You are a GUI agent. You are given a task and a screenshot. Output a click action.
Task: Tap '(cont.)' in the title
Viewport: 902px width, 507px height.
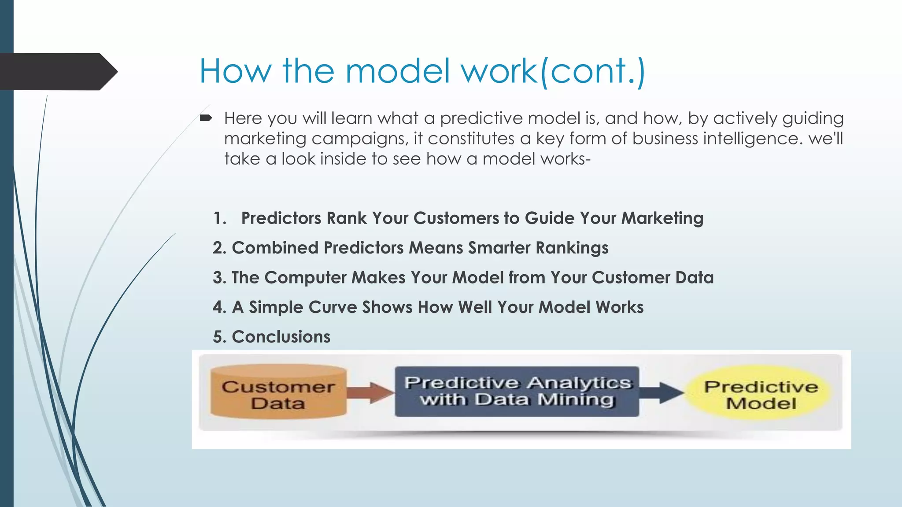[592, 72]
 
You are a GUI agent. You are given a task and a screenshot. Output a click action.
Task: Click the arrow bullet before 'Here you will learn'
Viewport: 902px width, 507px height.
[206, 118]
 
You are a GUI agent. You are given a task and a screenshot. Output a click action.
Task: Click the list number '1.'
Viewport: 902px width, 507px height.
[219, 218]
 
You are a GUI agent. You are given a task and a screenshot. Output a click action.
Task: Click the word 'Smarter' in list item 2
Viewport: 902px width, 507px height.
[499, 248]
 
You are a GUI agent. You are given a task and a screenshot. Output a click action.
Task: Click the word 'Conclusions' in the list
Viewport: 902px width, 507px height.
[281, 337]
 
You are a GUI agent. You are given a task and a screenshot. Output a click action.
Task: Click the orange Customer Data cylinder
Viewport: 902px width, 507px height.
[278, 392]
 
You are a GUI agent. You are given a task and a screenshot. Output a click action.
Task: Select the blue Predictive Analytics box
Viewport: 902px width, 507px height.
[517, 391]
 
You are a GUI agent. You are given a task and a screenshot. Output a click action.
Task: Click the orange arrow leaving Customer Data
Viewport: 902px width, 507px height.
[370, 392]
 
